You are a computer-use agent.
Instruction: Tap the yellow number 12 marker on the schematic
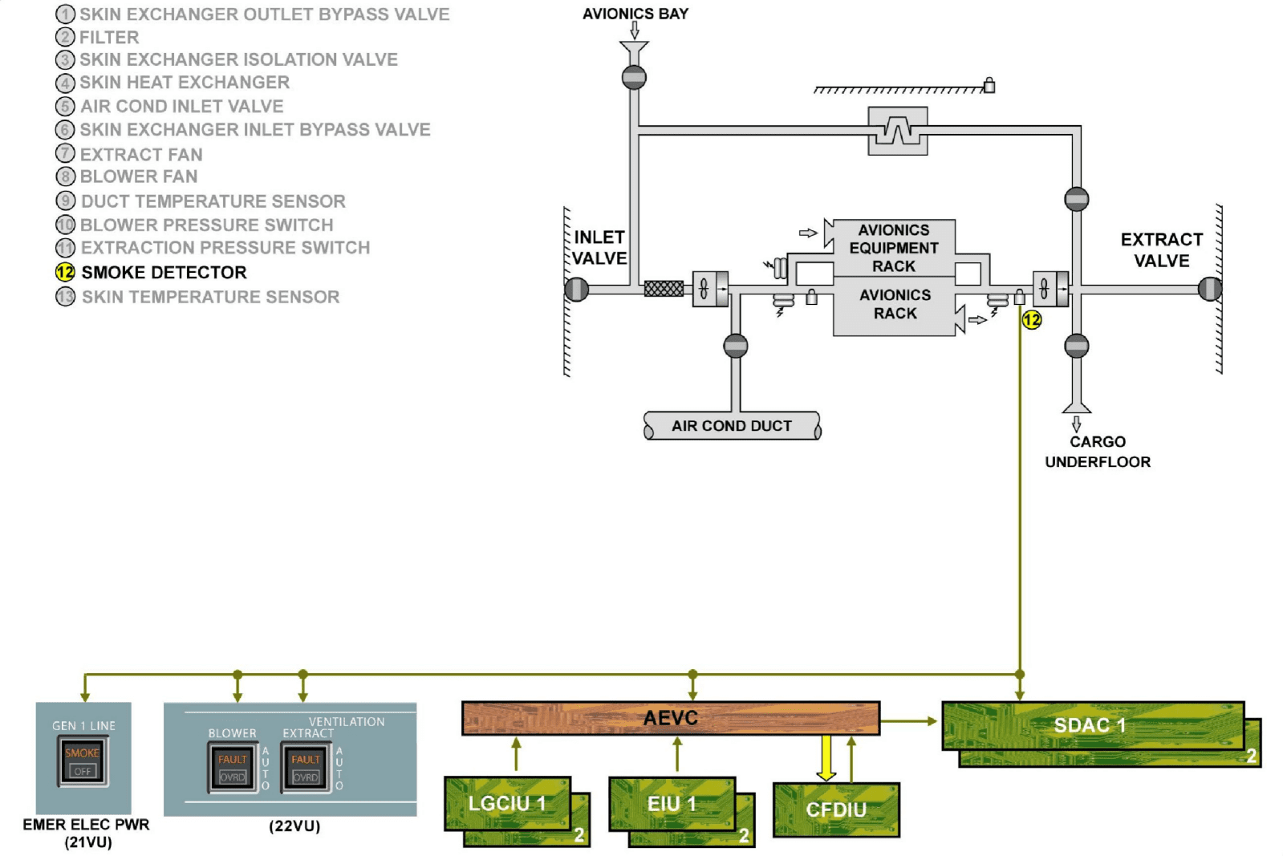pyautogui.click(x=1032, y=320)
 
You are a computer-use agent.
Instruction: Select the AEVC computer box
pyautogui.click(x=670, y=718)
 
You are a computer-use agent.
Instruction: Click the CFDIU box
pyautogui.click(x=835, y=809)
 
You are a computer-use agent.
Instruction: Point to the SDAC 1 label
pyautogui.click(x=1090, y=725)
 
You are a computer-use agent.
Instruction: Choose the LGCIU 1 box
pyautogui.click(x=507, y=803)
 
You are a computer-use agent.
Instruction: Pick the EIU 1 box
pyautogui.click(x=672, y=803)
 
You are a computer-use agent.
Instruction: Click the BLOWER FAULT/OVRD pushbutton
pyautogui.click(x=233, y=768)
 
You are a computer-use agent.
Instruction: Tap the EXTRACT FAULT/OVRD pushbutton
pyautogui.click(x=306, y=768)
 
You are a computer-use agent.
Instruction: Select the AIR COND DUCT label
pyautogui.click(x=731, y=426)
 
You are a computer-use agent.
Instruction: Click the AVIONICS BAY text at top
pyautogui.click(x=635, y=14)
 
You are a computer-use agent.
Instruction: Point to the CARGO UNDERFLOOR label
pyautogui.click(x=1097, y=452)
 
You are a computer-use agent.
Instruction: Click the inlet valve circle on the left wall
pyautogui.click(x=577, y=289)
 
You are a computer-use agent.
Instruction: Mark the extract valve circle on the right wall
pyautogui.click(x=1209, y=289)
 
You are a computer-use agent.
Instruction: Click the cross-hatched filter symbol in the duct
pyautogui.click(x=664, y=289)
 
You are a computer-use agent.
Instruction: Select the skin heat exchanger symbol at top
pyautogui.click(x=898, y=130)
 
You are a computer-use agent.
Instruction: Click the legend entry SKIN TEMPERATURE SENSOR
pyautogui.click(x=209, y=297)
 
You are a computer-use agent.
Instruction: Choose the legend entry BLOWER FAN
pyautogui.click(x=138, y=176)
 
